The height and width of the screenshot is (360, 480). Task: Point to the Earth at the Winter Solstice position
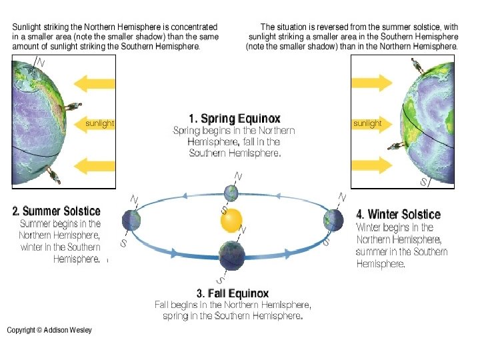[x=333, y=219]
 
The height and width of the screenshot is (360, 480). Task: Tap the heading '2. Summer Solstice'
[x=56, y=211]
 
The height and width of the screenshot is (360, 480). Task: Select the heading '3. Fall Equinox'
[x=233, y=293]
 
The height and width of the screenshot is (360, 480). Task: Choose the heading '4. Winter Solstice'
[x=399, y=214]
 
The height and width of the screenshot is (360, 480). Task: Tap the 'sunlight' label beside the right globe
[x=367, y=123]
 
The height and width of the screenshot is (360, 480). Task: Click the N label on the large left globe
[x=41, y=61]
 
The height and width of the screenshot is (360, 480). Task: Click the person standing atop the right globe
[x=419, y=65]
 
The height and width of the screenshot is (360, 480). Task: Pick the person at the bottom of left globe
[x=54, y=177]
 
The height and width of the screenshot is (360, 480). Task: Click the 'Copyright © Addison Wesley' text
[x=49, y=330]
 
